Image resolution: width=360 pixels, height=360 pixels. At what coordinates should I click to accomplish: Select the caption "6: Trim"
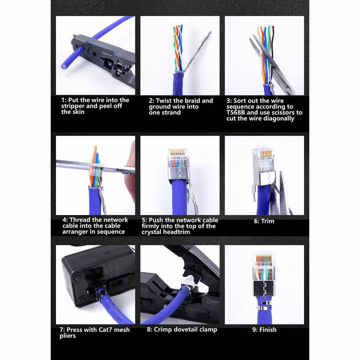point(264,221)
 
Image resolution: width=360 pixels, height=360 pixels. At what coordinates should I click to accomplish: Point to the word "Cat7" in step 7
point(100,330)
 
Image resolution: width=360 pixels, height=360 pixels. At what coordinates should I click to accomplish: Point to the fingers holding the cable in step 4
point(131,170)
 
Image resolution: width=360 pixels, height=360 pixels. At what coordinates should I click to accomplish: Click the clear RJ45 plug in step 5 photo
point(178,160)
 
